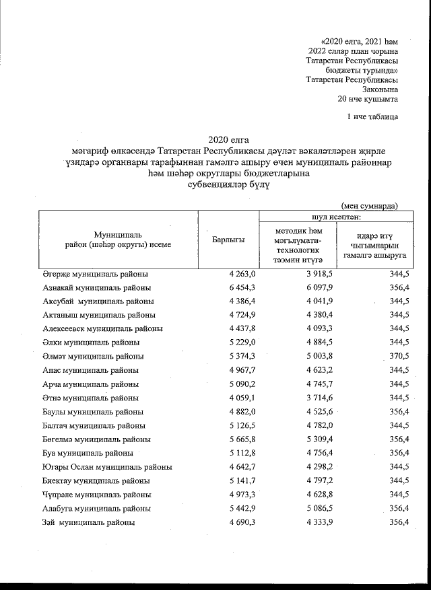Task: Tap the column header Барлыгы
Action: coord(228,240)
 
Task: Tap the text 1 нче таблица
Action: coord(372,117)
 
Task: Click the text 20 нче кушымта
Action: coord(368,98)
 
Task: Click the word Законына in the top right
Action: coord(380,89)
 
